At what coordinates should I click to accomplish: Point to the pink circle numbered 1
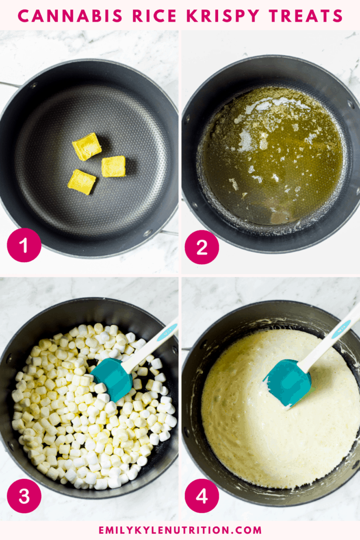pyautogui.click(x=24, y=245)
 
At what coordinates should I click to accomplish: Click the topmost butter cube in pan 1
pyautogui.click(x=87, y=147)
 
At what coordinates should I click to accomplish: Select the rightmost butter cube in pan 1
pyautogui.click(x=113, y=166)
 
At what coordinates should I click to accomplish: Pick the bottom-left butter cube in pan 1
pyautogui.click(x=82, y=181)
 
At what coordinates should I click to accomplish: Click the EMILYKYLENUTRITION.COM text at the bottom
pyautogui.click(x=180, y=530)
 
